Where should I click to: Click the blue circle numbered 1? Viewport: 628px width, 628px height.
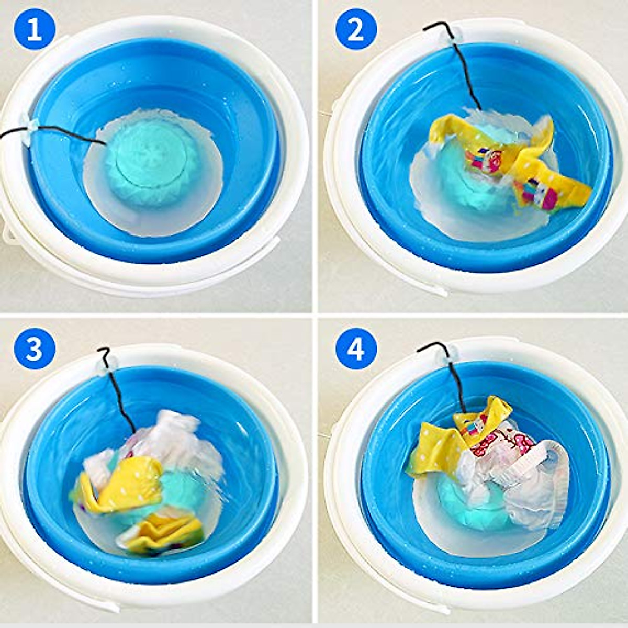pos(34,30)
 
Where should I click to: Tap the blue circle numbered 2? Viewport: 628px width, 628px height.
pos(356,30)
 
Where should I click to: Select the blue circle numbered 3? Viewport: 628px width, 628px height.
pos(34,347)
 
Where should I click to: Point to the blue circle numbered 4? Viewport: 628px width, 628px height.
pos(356,347)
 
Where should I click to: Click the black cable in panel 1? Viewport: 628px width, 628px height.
pos(68,135)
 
